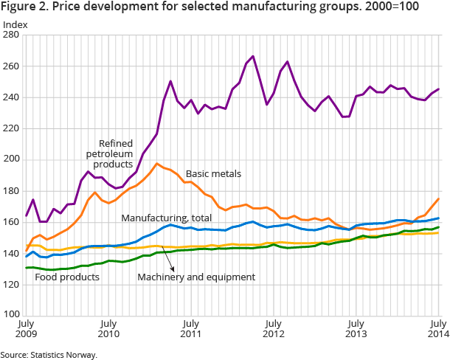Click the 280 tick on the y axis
[16, 35]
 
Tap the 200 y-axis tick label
[16, 159]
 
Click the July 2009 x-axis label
[27, 329]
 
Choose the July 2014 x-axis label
[438, 329]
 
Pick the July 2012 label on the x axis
[274, 329]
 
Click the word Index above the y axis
[15, 24]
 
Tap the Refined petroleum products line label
[125, 132]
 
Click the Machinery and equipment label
[195, 277]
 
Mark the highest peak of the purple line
[253, 56]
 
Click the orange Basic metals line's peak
[157, 164]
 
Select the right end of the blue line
[438, 218]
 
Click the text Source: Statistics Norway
[49, 354]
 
